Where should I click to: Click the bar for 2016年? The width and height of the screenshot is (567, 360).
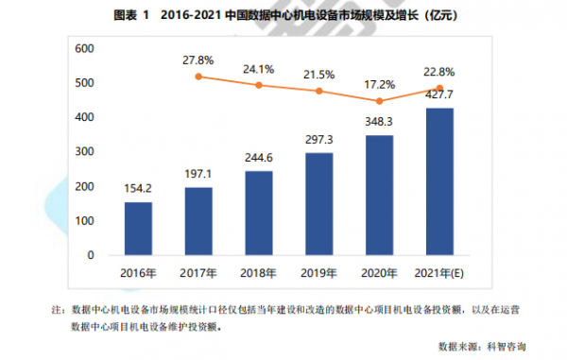click(x=138, y=228)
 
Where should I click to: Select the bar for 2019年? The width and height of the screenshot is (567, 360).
click(x=318, y=203)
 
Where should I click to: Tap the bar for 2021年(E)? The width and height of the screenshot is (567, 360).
click(x=439, y=181)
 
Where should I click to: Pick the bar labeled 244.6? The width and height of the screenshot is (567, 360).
click(x=258, y=213)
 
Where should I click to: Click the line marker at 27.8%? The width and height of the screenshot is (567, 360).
click(x=198, y=77)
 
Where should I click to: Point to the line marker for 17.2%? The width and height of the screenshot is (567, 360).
click(x=379, y=101)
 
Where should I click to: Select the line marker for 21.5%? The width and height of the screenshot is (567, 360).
click(x=318, y=92)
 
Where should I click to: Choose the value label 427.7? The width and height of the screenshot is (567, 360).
click(x=439, y=95)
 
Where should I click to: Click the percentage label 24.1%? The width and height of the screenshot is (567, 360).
click(x=258, y=68)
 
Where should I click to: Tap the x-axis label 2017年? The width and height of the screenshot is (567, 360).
click(x=198, y=273)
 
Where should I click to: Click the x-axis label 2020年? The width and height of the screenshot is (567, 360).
click(x=379, y=273)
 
